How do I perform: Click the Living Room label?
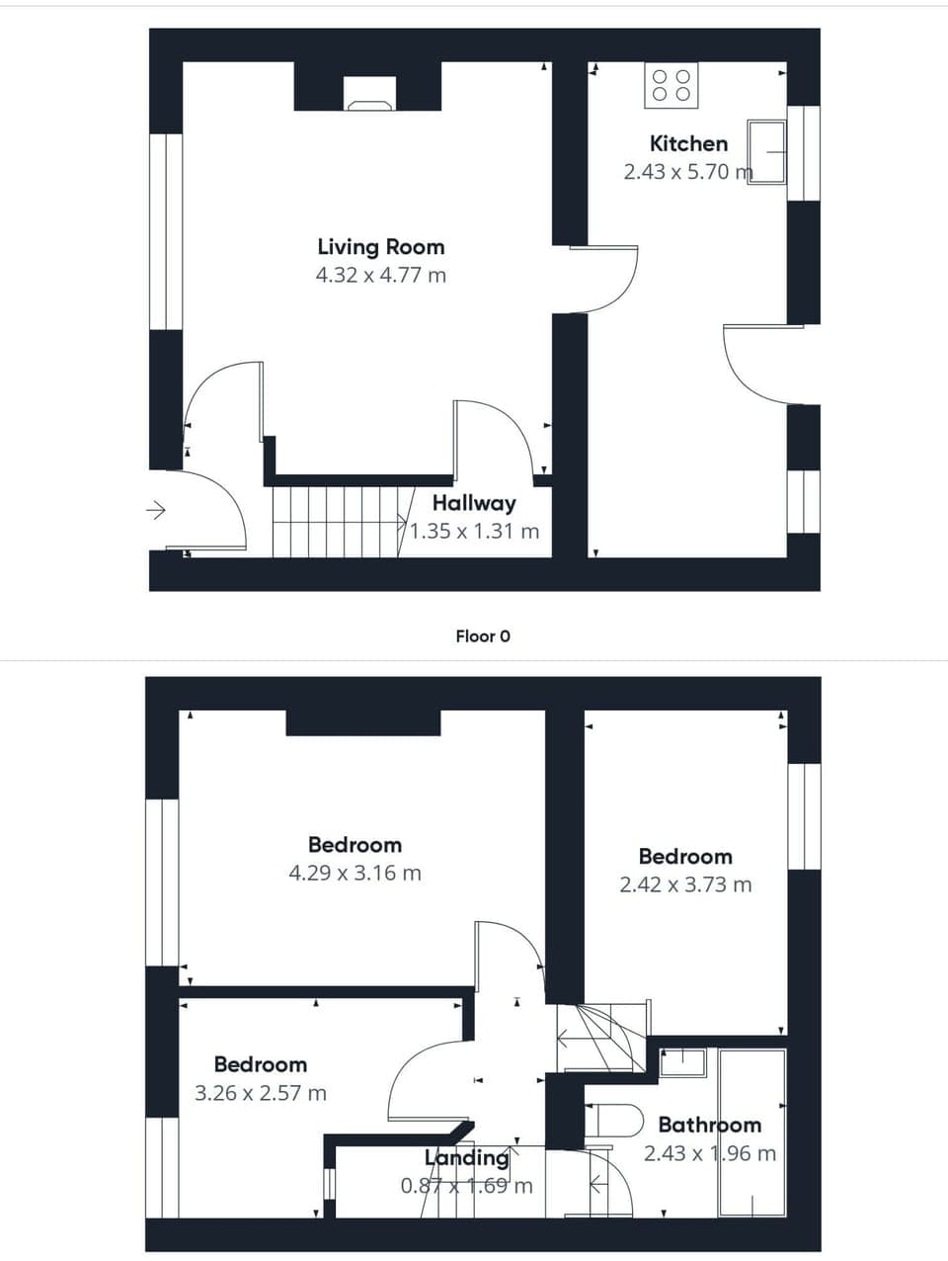(x=380, y=247)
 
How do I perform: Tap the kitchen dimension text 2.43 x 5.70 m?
(x=687, y=172)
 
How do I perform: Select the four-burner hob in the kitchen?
(x=671, y=85)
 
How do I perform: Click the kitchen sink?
(x=766, y=152)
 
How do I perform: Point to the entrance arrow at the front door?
(x=156, y=511)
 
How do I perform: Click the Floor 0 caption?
(x=483, y=636)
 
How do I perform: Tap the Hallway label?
(x=474, y=503)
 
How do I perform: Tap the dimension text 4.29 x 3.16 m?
(x=355, y=874)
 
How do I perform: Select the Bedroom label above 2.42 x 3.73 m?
(x=685, y=857)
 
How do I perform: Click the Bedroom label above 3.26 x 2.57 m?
(x=261, y=1064)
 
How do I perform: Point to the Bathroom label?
(x=709, y=1125)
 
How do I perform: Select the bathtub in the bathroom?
(x=752, y=1133)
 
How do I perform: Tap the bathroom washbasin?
(x=682, y=1062)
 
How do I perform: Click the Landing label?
(x=466, y=1157)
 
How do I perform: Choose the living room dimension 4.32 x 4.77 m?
(x=380, y=276)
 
